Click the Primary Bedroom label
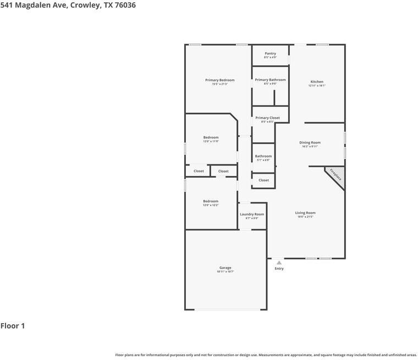219,80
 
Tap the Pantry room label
270,53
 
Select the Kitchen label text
317,82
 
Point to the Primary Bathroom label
270,80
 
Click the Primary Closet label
267,118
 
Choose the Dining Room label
310,142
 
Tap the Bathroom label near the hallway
263,156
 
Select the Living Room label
305,213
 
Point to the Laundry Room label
252,214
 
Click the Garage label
226,268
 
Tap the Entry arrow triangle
279,263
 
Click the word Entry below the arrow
279,269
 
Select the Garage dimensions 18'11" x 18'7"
226,272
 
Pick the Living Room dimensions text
305,217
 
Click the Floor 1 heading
13,326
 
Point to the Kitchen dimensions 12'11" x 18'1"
317,86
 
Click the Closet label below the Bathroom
264,180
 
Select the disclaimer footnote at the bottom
266,355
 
